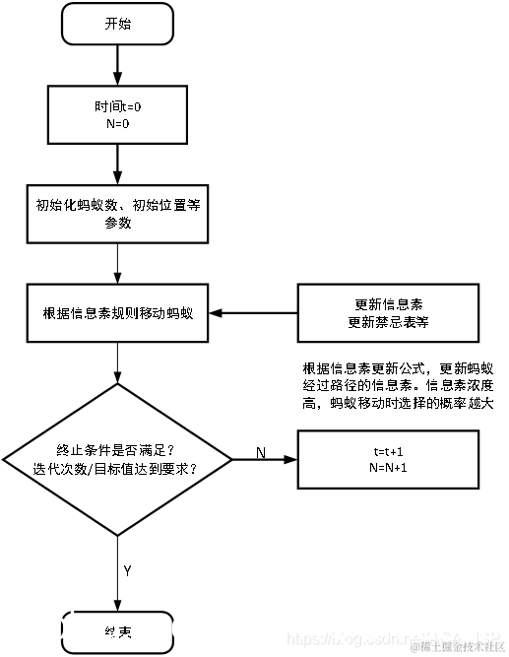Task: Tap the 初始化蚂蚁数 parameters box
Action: pos(117,214)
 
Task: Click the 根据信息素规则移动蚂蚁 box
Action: pos(117,313)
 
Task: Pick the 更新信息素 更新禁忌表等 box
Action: pos(388,313)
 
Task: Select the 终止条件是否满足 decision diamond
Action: pos(117,459)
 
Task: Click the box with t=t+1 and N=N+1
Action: pos(388,459)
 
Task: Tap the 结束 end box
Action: pos(117,630)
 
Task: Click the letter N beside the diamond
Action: pos(261,451)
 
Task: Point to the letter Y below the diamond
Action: pos(128,570)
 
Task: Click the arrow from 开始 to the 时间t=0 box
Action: pos(117,67)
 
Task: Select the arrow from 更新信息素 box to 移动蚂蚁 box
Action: pos(256,313)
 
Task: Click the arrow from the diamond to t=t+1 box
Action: pos(266,460)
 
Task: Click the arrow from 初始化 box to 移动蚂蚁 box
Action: pos(117,264)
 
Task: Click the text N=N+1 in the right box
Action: pos(388,467)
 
